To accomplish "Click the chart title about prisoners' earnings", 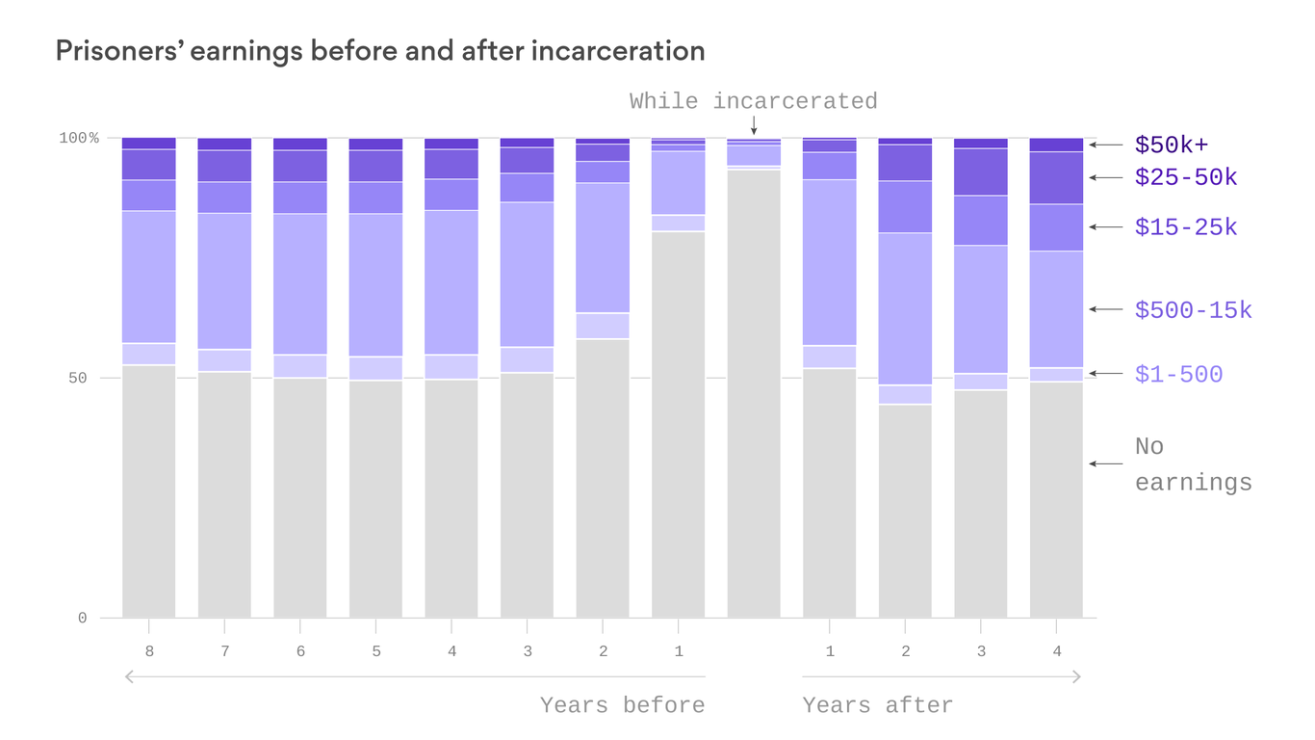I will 379,51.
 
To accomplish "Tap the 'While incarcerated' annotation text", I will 753,101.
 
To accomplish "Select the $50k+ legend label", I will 1171,145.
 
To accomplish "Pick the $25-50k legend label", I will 1186,178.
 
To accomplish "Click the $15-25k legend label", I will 1186,227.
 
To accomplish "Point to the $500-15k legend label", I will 1193,310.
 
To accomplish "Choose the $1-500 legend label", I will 1178,375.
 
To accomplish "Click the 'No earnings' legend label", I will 1193,464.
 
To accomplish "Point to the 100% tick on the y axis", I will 79,139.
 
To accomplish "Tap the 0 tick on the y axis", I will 82,619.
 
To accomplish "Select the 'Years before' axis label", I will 622,705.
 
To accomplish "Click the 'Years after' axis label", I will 877,705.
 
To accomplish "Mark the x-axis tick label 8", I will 149,652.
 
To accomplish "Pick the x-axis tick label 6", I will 300,652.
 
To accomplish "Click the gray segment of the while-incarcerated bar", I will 754,395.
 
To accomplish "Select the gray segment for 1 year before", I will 678,424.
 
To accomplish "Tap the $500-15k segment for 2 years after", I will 905,308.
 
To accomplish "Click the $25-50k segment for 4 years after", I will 1056,177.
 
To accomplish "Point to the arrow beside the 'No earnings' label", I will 1105,464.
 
